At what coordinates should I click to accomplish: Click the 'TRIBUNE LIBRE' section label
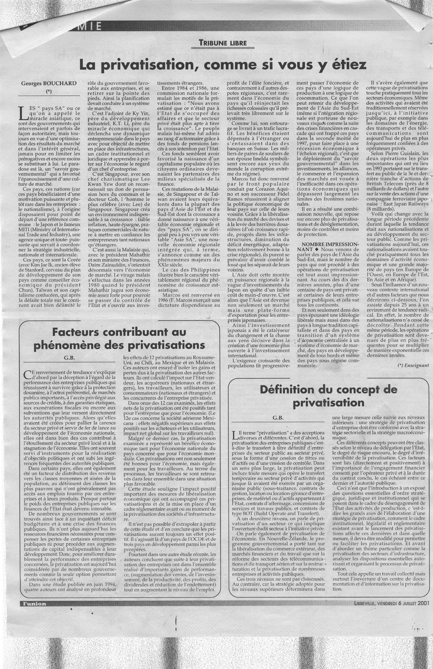(223, 43)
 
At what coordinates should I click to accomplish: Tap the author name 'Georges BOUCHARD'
(49, 83)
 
